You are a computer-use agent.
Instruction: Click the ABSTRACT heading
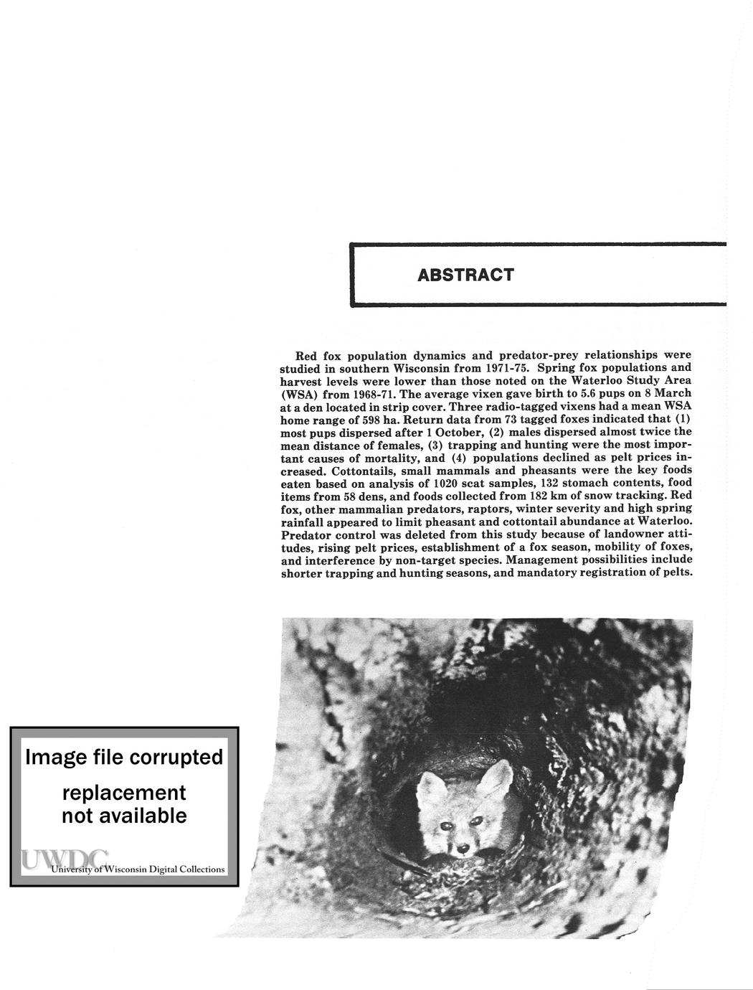pyautogui.click(x=465, y=275)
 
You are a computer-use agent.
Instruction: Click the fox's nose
pyautogui.click(x=463, y=849)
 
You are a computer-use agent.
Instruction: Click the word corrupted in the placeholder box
pyautogui.click(x=178, y=758)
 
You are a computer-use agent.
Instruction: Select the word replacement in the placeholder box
pyautogui.click(x=124, y=793)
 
